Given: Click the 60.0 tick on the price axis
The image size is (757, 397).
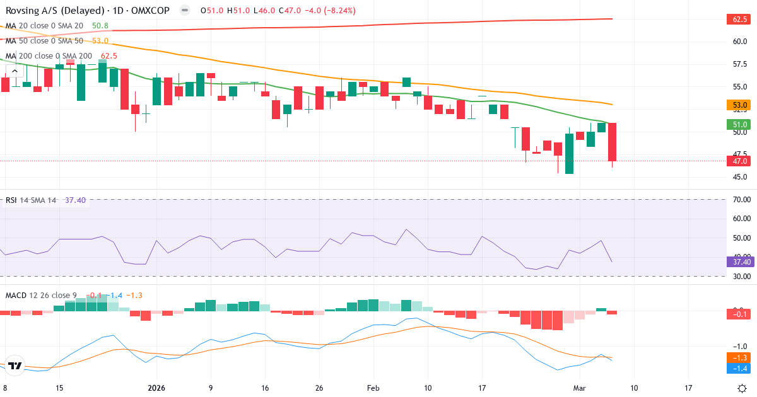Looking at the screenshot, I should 741,42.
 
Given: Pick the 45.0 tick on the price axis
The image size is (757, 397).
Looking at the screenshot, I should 741,176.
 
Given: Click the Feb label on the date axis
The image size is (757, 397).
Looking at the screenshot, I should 373,388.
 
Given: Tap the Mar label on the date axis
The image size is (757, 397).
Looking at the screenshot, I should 580,388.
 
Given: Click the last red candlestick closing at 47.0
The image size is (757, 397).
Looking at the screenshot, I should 612,142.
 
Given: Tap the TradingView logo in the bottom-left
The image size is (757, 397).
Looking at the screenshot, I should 16,365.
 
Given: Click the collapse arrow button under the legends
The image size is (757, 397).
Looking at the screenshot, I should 15,71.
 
